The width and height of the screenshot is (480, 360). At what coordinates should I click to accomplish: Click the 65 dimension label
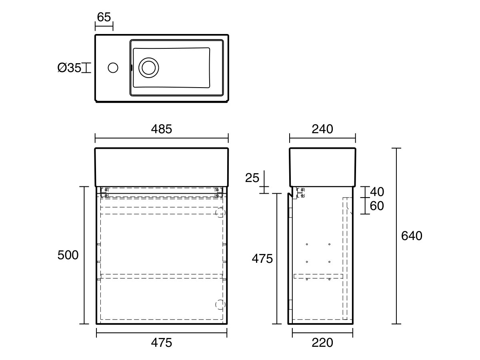(104, 17)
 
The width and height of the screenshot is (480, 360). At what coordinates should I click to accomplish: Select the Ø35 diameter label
(69, 68)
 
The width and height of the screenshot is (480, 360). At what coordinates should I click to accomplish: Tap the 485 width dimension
(161, 129)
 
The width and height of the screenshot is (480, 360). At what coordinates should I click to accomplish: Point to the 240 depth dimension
(322, 129)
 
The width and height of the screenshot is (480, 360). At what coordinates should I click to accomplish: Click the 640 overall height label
(411, 236)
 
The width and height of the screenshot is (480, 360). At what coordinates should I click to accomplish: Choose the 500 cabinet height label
(68, 255)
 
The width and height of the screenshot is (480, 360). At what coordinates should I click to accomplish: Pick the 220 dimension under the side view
(322, 343)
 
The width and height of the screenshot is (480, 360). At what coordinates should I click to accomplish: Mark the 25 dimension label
(252, 178)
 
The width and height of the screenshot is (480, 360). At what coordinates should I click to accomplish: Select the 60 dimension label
(376, 206)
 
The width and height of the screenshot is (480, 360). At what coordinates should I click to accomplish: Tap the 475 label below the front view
(161, 343)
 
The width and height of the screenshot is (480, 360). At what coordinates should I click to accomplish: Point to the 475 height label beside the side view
(262, 259)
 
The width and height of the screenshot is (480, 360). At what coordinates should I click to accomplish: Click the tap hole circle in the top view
(113, 68)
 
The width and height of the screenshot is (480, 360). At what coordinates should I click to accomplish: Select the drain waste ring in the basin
(148, 68)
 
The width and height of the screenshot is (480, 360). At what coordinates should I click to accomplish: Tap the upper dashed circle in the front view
(220, 213)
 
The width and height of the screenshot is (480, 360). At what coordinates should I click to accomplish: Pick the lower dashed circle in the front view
(220, 304)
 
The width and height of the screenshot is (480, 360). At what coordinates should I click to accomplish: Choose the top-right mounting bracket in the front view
(218, 192)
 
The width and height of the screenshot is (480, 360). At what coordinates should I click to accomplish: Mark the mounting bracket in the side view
(301, 192)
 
